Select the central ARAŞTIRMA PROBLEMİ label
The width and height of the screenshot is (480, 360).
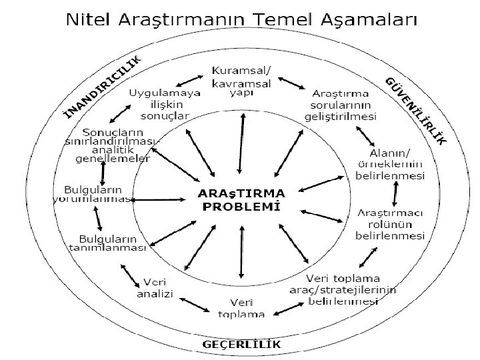click(x=240, y=199)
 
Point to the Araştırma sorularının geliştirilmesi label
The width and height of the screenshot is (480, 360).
click(x=344, y=103)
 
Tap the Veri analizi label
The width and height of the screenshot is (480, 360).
click(x=155, y=287)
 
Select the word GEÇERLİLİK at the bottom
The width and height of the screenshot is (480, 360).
click(x=241, y=344)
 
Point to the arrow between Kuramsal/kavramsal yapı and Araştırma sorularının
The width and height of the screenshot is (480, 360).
click(x=291, y=84)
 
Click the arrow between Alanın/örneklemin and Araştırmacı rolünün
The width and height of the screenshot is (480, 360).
click(x=396, y=193)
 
